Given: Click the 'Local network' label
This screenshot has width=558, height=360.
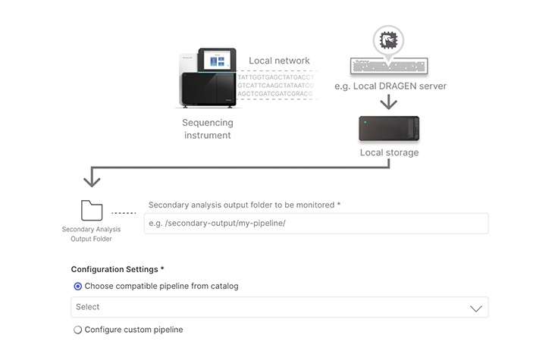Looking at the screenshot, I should pyautogui.click(x=279, y=61).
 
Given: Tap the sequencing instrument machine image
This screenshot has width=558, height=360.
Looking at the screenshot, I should pyautogui.click(x=207, y=80).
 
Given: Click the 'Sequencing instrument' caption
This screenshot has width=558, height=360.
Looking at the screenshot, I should pyautogui.click(x=207, y=129).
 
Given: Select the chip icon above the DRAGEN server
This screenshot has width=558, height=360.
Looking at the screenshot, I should pyautogui.click(x=389, y=39).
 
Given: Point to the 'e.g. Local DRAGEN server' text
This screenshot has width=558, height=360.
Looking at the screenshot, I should pyautogui.click(x=390, y=86).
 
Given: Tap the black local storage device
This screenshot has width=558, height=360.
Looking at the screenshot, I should pyautogui.click(x=389, y=129).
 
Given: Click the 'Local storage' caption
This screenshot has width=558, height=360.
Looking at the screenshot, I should pyautogui.click(x=389, y=152).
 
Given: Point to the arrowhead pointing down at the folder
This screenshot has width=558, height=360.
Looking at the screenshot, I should pyautogui.click(x=92, y=181).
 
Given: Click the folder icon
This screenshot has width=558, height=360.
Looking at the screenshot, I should pyautogui.click(x=92, y=210).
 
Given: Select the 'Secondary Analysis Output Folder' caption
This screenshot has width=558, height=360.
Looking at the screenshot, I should pyautogui.click(x=91, y=233).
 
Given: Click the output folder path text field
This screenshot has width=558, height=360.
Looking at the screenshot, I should pyautogui.click(x=315, y=223).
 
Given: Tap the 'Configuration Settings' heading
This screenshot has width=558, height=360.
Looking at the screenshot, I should pyautogui.click(x=117, y=269).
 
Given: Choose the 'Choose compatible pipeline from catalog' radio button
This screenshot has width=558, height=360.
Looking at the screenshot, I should pyautogui.click(x=78, y=286).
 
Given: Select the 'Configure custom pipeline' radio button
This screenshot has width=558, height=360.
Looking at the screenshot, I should pyautogui.click(x=78, y=330).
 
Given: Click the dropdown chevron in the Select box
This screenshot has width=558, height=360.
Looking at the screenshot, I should pyautogui.click(x=475, y=308).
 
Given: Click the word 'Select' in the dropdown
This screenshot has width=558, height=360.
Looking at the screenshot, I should pyautogui.click(x=88, y=307).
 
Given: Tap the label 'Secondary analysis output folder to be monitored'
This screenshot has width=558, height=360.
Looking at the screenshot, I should pyautogui.click(x=244, y=205).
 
